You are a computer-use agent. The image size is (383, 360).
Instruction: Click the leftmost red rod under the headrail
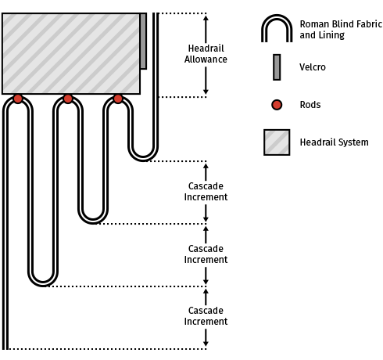click(x=18, y=99)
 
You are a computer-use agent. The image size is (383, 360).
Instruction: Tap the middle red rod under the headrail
click(x=68, y=99)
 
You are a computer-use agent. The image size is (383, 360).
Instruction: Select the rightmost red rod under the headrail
click(x=118, y=99)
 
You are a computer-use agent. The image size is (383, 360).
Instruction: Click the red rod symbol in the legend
click(x=277, y=105)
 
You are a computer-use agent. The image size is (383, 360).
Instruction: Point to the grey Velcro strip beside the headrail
click(x=143, y=41)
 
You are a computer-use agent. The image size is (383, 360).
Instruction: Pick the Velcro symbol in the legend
click(x=277, y=67)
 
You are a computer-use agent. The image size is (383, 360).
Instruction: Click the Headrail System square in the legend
click(x=277, y=142)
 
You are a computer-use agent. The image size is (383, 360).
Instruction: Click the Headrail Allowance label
click(x=206, y=54)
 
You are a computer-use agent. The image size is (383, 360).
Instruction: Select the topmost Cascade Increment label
click(x=206, y=192)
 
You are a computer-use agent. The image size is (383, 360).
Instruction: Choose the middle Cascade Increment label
click(x=206, y=254)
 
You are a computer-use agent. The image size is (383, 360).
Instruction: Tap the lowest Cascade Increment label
click(x=206, y=316)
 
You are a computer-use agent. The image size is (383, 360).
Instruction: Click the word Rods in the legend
click(x=310, y=105)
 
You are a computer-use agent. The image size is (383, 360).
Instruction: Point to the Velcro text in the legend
click(x=313, y=67)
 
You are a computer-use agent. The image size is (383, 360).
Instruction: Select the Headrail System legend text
click(x=334, y=142)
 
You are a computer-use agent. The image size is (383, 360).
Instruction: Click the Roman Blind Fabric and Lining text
click(x=341, y=30)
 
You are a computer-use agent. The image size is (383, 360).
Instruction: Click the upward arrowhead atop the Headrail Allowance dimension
click(x=206, y=18)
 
